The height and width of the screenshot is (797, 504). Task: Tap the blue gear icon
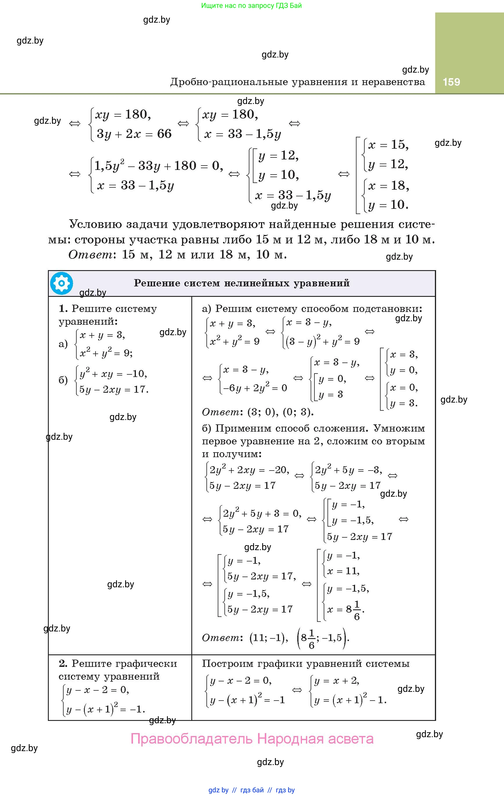62,283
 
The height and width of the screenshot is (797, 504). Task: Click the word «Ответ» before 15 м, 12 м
91,254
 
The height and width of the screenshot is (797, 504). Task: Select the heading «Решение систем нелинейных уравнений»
242,283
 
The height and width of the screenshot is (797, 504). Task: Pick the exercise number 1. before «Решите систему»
63,309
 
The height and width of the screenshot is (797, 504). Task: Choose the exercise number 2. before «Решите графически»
63,664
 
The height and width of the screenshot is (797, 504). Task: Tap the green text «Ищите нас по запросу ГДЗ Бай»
251,6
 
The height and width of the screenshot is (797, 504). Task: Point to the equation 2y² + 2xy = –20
249,470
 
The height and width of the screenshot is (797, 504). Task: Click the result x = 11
343,571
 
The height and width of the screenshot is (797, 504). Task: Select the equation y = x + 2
337,681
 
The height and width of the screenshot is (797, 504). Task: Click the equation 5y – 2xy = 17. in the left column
114,389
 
